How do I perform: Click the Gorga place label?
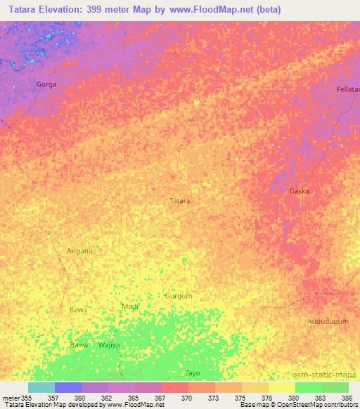pyautogui.click(x=46, y=84)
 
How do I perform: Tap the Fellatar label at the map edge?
pyautogui.click(x=348, y=90)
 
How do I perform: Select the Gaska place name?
pyautogui.click(x=299, y=191)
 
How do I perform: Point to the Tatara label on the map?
pyautogui.click(x=180, y=201)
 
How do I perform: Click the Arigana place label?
pyautogui.click(x=79, y=250)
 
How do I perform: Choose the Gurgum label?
pyautogui.click(x=178, y=297)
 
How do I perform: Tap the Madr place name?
pyautogui.click(x=130, y=307)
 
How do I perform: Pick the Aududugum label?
pyautogui.click(x=328, y=321)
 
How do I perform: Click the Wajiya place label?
pyautogui.click(x=109, y=346)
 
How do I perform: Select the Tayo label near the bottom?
pyautogui.click(x=193, y=372)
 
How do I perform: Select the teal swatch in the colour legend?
pyautogui.click(x=41, y=387)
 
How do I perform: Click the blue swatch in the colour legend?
pyautogui.click(x=68, y=387)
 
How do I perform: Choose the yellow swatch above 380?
pyautogui.click(x=282, y=387)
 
